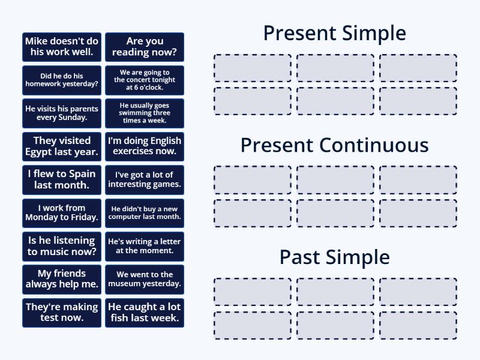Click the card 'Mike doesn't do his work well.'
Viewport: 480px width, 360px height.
[x=62, y=47]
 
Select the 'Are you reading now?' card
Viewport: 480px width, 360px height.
[x=145, y=47]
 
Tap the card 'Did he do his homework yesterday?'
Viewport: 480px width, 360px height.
[x=62, y=80]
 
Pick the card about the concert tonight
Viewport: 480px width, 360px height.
[x=145, y=80]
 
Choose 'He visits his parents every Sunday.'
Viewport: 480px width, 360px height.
[x=62, y=113]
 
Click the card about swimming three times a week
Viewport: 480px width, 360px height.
[x=145, y=113]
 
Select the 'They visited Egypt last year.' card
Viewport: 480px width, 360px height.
[x=62, y=146]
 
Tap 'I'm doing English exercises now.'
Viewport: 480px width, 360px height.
[x=145, y=146]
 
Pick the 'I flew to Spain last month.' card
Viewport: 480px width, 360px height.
[x=62, y=180]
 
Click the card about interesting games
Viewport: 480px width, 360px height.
[x=145, y=180]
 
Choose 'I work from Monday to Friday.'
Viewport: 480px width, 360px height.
[x=62, y=213]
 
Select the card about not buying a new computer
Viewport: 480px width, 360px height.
[x=145, y=213]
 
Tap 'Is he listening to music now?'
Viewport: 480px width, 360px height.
[x=62, y=246]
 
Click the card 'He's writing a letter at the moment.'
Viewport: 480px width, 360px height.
[x=145, y=246]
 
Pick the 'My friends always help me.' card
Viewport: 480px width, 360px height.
[x=62, y=279]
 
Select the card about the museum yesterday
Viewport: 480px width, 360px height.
[x=145, y=279]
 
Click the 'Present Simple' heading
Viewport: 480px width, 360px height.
[x=334, y=33]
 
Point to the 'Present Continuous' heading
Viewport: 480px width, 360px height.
[x=334, y=145]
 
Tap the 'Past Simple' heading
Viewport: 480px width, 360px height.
[x=334, y=257]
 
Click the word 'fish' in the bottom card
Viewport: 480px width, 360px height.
[x=119, y=318]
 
